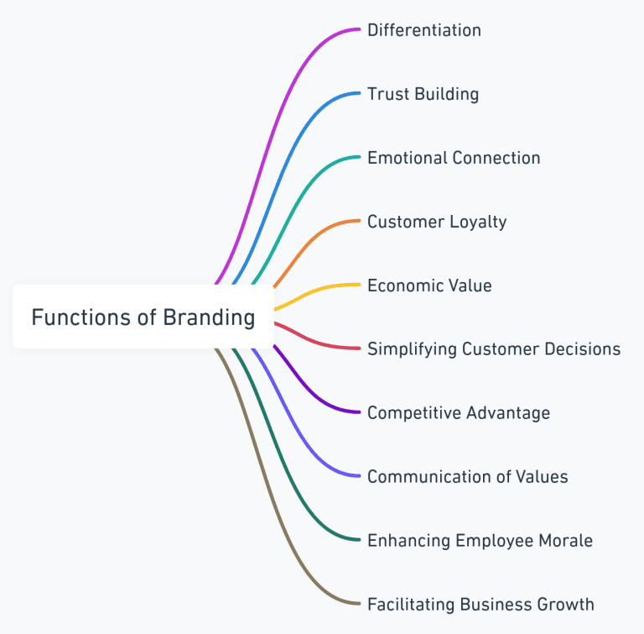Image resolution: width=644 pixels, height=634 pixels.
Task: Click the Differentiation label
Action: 423,30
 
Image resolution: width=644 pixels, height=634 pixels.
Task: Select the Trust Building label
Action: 423,94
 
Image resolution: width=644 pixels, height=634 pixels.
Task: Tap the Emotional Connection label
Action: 454,158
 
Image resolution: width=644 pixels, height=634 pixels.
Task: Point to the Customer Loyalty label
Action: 437,222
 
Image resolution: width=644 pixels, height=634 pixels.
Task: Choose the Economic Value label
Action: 429,286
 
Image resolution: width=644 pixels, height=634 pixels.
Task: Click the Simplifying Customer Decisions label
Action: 494,348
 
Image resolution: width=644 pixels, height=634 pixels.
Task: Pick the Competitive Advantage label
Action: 459,412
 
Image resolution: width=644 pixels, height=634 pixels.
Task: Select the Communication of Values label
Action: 467,476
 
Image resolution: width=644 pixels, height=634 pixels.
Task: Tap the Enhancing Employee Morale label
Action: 480,540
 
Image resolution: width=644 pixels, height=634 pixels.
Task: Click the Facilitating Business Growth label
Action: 480,604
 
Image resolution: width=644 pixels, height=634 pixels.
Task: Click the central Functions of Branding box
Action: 143,317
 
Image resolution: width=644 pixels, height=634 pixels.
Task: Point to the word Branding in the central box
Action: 210,317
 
